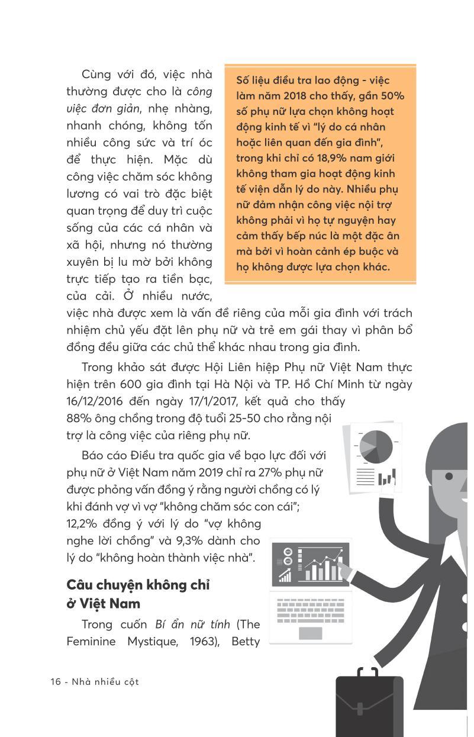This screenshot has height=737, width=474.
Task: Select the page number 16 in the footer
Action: point(56,681)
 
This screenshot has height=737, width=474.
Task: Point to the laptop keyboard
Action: point(310,610)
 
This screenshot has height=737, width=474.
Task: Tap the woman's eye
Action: point(449,476)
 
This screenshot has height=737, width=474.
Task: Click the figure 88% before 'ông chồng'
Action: point(79,418)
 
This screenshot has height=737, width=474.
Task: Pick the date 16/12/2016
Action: point(96,401)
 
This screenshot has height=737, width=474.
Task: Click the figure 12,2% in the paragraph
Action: point(83,523)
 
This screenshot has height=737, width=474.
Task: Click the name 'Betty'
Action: point(245,641)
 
